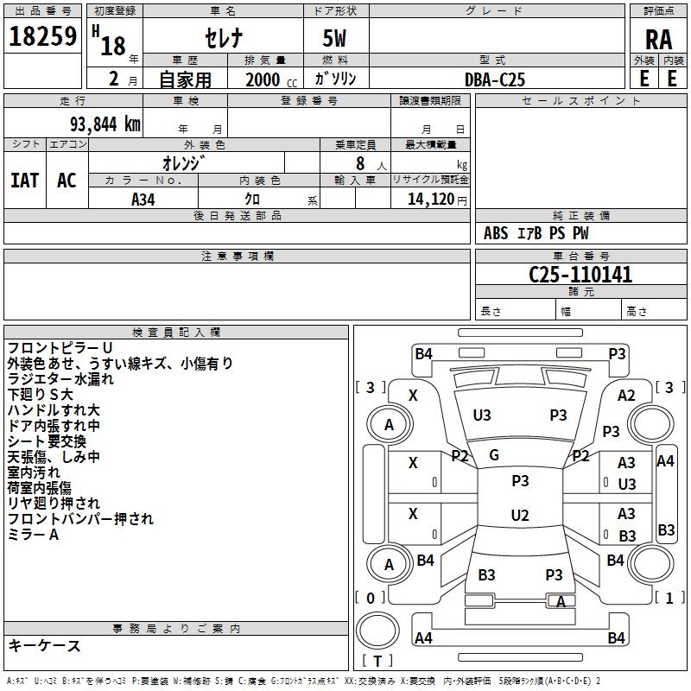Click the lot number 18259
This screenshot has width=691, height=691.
click(42, 36)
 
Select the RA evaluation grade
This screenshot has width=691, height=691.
click(658, 40)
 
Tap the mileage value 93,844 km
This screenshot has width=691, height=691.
click(105, 124)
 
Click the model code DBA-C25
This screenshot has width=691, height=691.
click(495, 79)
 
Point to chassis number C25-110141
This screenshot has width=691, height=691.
click(580, 275)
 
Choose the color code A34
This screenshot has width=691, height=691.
click(143, 200)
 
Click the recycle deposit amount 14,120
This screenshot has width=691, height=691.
click(431, 200)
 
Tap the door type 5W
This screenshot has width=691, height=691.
click(334, 38)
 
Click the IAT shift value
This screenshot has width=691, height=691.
click(25, 181)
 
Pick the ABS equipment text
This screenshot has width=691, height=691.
click(496, 233)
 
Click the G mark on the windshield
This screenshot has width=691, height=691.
click(494, 455)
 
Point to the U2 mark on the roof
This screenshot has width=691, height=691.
click(520, 515)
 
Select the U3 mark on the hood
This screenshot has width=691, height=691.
click(482, 415)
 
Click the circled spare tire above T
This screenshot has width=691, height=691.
click(377, 631)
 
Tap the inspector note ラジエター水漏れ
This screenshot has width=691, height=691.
click(60, 379)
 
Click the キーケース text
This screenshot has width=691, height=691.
click(44, 645)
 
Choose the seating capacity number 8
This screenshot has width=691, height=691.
click(360, 163)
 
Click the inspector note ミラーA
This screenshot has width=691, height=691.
click(33, 535)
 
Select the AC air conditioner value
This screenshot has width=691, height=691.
click(67, 181)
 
